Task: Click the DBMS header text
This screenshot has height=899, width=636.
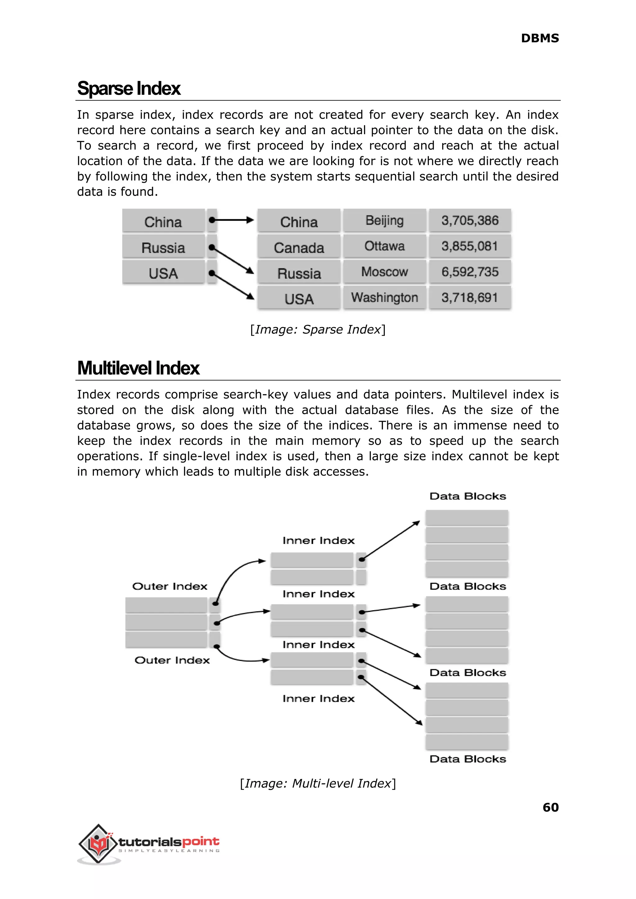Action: click(x=540, y=39)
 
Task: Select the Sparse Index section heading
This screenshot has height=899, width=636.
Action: click(x=129, y=89)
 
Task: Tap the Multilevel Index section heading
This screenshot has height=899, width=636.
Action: click(x=138, y=368)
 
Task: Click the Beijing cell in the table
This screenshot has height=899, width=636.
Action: click(x=384, y=221)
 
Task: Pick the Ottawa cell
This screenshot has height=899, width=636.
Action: click(x=384, y=246)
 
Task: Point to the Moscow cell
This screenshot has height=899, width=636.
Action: click(x=384, y=272)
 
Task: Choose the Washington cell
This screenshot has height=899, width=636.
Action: click(x=384, y=298)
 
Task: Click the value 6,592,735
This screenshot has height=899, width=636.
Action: click(x=470, y=272)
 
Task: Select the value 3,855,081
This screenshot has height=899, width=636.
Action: click(x=470, y=246)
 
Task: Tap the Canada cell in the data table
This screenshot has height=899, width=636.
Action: click(x=299, y=248)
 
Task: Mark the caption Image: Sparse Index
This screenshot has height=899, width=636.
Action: click(x=318, y=330)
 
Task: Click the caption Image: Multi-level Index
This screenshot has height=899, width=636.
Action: click(x=318, y=783)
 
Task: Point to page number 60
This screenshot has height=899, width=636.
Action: click(x=550, y=807)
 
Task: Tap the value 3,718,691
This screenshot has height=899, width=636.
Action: click(x=470, y=298)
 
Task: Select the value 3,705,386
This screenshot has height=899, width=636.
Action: click(x=470, y=221)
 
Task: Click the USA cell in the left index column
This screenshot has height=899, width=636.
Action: click(x=163, y=273)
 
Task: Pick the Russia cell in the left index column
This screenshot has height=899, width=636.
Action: click(x=163, y=248)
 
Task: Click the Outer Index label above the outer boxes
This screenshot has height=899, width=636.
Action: click(x=170, y=586)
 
